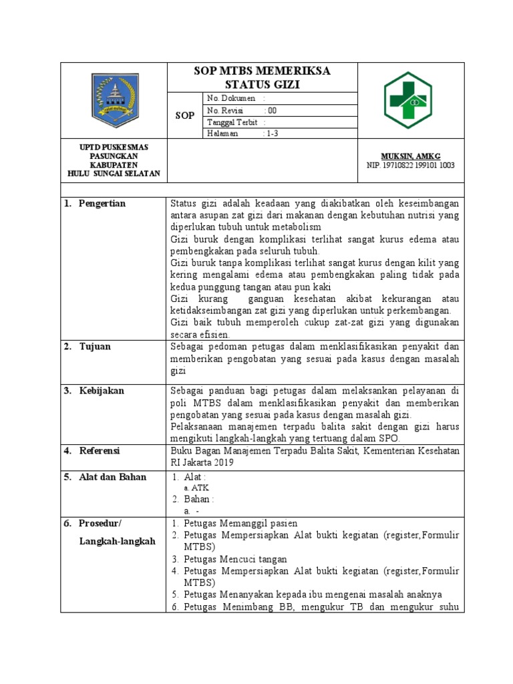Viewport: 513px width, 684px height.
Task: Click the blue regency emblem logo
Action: [114, 100]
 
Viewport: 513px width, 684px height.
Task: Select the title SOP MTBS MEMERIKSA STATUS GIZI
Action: [263, 77]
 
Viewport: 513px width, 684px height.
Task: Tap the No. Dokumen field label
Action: [231, 98]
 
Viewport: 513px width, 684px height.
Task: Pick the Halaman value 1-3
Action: [273, 134]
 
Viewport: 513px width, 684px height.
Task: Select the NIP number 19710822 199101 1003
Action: [410, 165]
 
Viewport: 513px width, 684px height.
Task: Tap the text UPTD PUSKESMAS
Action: [114, 147]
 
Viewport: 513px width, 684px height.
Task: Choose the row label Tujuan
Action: [95, 347]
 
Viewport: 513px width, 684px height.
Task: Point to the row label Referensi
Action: [100, 451]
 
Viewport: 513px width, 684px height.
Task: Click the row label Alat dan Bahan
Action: [112, 477]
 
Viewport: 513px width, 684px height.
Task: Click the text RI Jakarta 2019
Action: [202, 462]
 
